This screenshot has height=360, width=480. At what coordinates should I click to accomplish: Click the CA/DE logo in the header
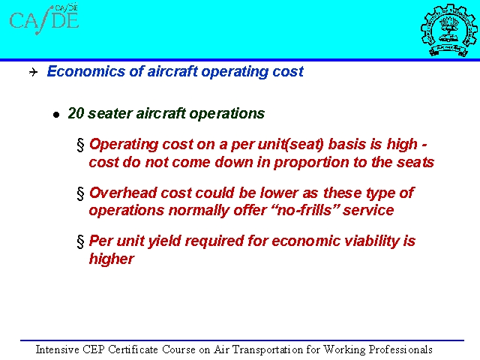coord(44,19)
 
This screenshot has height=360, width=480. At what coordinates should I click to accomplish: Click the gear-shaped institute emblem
coord(448,30)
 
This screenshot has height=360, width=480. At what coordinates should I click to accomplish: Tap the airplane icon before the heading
coord(33,72)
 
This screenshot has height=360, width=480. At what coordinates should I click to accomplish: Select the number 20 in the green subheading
coord(76,113)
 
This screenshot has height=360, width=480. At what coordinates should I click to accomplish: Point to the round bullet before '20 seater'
coord(56,115)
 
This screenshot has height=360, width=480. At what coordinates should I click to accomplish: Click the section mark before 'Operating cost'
coord(80,145)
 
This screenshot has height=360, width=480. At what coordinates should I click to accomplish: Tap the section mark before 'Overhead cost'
coord(80,193)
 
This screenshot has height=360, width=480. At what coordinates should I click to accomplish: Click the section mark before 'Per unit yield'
coord(80,241)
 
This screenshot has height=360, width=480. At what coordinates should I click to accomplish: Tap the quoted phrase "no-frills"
coord(302,210)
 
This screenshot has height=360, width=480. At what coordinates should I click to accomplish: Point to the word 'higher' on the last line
coord(112,259)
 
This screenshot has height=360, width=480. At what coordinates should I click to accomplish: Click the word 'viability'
coord(372,241)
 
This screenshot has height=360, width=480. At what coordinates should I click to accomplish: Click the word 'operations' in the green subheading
coord(227,113)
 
